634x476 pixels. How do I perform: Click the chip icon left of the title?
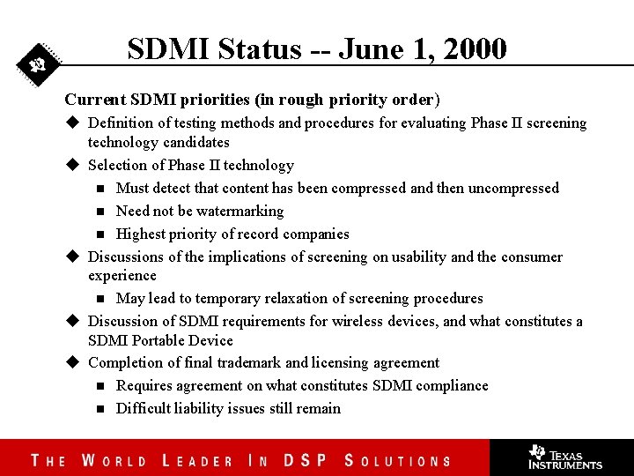click(x=38, y=64)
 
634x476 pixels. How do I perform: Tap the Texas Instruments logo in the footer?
click(x=564, y=457)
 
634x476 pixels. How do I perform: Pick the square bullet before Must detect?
click(x=100, y=189)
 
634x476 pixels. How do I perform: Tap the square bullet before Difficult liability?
click(x=100, y=409)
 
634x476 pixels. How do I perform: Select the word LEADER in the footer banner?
click(x=198, y=460)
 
